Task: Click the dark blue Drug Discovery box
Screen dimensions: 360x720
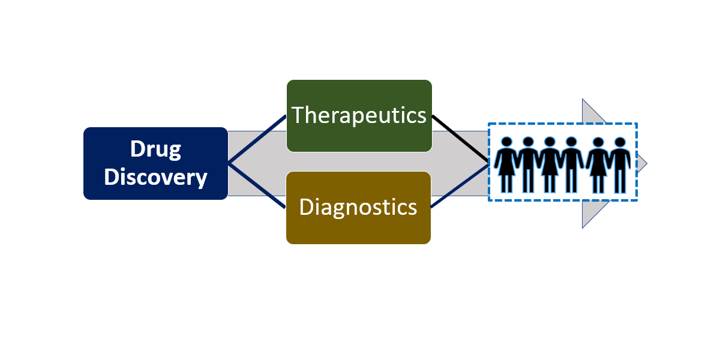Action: click(x=155, y=163)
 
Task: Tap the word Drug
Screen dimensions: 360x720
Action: click(x=156, y=149)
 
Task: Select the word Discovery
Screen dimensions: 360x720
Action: click(x=155, y=177)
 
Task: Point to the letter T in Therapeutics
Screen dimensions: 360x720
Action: click(x=298, y=115)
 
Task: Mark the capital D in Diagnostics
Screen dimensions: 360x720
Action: click(x=306, y=207)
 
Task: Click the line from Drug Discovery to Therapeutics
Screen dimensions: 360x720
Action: click(x=257, y=139)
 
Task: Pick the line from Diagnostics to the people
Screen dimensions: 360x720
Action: click(x=460, y=185)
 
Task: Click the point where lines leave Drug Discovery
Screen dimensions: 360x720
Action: click(x=229, y=163)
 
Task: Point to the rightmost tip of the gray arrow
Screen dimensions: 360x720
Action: click(x=647, y=163)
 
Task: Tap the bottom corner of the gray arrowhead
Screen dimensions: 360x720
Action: click(x=583, y=227)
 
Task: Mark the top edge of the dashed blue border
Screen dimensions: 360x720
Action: click(x=562, y=124)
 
